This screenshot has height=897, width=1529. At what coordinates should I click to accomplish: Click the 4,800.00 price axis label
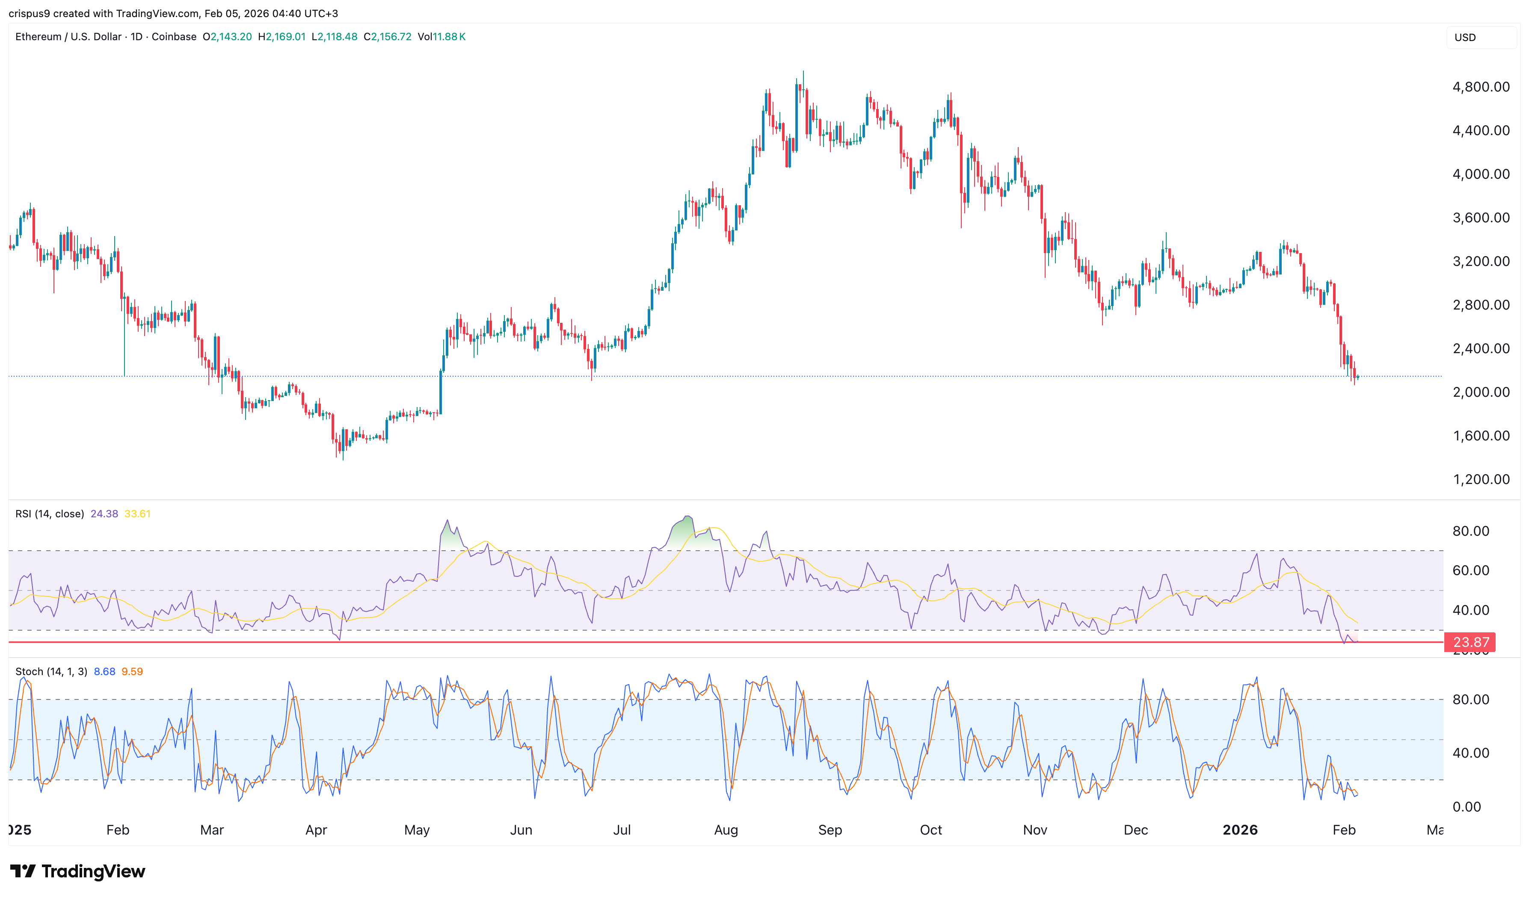click(1481, 87)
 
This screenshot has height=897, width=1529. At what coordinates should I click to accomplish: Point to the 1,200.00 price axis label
click(1481, 479)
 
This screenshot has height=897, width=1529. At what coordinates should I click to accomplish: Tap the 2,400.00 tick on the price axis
click(1481, 348)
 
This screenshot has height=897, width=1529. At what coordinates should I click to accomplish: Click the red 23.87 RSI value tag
click(1470, 642)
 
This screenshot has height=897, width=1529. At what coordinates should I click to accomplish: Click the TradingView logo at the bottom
click(78, 871)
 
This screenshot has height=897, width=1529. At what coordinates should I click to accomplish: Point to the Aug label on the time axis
click(726, 830)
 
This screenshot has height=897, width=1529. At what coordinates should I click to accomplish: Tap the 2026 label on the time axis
click(1239, 830)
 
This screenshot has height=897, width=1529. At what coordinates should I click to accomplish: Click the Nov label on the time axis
click(1034, 830)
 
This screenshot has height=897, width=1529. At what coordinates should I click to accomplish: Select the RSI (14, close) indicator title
click(50, 513)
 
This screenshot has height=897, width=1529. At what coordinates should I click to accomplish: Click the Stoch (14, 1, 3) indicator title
click(51, 671)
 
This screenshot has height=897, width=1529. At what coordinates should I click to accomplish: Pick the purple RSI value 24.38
click(104, 513)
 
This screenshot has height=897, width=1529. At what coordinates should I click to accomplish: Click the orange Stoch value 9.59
click(132, 671)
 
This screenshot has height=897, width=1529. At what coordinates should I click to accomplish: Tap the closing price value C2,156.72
click(388, 36)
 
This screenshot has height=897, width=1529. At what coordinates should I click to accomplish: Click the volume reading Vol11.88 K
click(442, 36)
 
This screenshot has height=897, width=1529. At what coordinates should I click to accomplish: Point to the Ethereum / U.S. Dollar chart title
click(68, 36)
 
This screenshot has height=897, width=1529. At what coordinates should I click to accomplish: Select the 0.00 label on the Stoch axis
click(1467, 807)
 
